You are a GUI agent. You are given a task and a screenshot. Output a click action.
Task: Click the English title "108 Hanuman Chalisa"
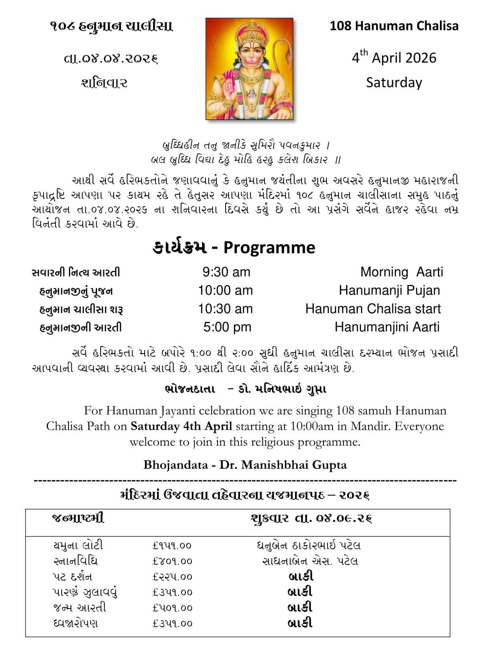pos(394,26)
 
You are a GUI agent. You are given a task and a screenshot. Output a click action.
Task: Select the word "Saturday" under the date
pos(394,83)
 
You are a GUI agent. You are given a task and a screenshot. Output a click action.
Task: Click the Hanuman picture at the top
pos(249,69)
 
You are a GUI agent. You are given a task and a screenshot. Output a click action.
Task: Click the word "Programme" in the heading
pos(269,247)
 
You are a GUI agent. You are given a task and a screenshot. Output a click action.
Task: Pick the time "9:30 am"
pos(226,272)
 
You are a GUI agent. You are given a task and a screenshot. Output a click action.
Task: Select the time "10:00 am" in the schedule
pos(225,290)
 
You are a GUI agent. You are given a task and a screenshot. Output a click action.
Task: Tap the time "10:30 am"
pos(225,309)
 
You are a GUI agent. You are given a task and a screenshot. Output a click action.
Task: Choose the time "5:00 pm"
pos(227,327)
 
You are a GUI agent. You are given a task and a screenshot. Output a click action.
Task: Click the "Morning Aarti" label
pos(401,272)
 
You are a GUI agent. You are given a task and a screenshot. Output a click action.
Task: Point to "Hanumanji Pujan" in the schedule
pos(389,290)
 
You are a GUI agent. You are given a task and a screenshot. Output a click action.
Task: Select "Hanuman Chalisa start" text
pos(373,309)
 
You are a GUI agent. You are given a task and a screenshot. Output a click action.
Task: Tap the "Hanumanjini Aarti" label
pos(387,327)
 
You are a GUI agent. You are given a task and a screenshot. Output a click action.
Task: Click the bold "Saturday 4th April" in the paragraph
pos(182,426)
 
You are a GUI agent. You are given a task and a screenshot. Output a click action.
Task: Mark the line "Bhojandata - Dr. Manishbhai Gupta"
pos(245,465)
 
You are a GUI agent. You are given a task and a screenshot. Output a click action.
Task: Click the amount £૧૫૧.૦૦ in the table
pos(172,546)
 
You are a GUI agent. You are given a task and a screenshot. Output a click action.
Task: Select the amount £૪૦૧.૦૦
pos(172,561)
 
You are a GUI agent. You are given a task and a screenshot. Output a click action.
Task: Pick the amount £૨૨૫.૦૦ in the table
pos(172,577)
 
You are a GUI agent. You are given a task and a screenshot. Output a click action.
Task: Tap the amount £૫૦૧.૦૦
pos(172,608)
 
